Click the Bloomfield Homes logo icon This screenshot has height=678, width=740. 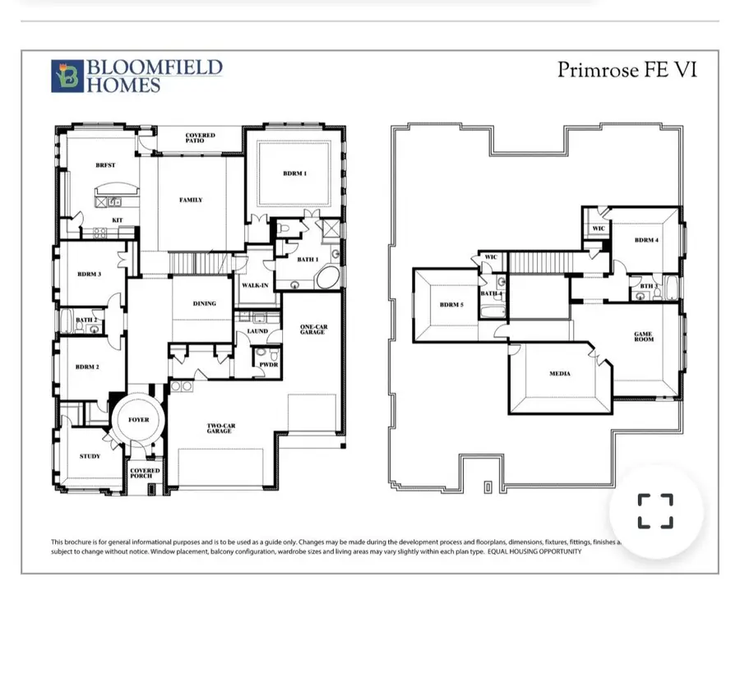pyautogui.click(x=66, y=76)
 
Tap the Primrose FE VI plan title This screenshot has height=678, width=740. pyautogui.click(x=627, y=70)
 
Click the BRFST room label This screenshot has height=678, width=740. pyautogui.click(x=105, y=165)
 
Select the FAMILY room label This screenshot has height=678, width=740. pyautogui.click(x=191, y=200)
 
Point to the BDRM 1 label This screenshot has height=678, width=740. pyautogui.click(x=295, y=173)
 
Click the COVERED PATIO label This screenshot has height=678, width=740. pyautogui.click(x=200, y=138)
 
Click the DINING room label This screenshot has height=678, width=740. pyautogui.click(x=205, y=303)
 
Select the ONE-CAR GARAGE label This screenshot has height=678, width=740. pyautogui.click(x=312, y=330)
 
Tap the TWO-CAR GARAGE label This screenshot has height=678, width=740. pyautogui.click(x=220, y=428)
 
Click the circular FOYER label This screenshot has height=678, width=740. pyautogui.click(x=139, y=420)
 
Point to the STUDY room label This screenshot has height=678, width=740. pyautogui.click(x=90, y=456)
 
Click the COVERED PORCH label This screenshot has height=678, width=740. pyautogui.click(x=146, y=474)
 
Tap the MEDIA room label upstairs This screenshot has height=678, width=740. pyautogui.click(x=560, y=374)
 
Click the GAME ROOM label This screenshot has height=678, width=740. pyautogui.click(x=643, y=336)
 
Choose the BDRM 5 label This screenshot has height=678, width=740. pyautogui.click(x=451, y=305)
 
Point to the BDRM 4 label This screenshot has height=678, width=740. pyautogui.click(x=646, y=241)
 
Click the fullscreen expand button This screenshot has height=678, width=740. pyautogui.click(x=655, y=510)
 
